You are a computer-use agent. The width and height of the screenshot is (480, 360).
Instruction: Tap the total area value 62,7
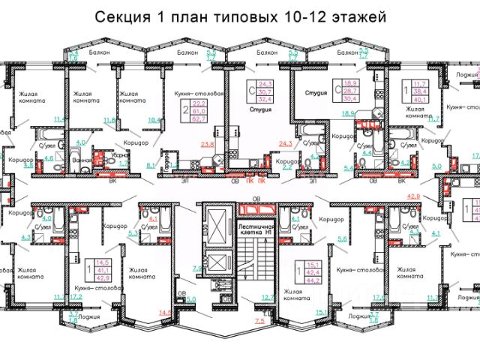tap(199, 118)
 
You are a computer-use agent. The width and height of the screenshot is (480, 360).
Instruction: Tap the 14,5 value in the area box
tap(102, 262)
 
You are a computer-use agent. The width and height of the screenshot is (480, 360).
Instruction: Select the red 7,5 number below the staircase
tap(259, 321)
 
